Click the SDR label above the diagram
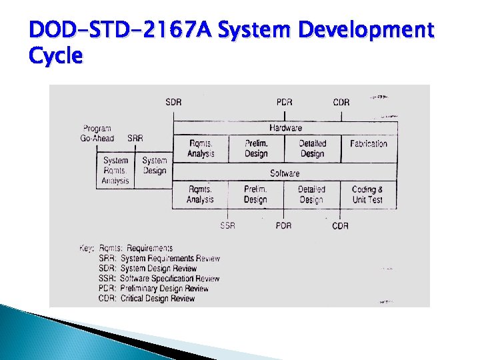(173, 102)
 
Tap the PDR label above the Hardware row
(284, 102)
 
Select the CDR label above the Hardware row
(341, 102)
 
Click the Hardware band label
(285, 127)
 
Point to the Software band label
(285, 173)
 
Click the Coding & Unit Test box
(367, 195)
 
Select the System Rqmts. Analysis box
(116, 171)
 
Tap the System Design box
(155, 165)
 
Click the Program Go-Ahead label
(97, 133)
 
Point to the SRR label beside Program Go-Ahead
(135, 139)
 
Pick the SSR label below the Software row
(228, 225)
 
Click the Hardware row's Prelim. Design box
(256, 149)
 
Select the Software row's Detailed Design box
(311, 195)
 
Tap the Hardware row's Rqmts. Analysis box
(201, 149)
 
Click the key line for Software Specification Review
(159, 279)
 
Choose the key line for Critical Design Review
(147, 299)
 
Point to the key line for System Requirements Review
(159, 259)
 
